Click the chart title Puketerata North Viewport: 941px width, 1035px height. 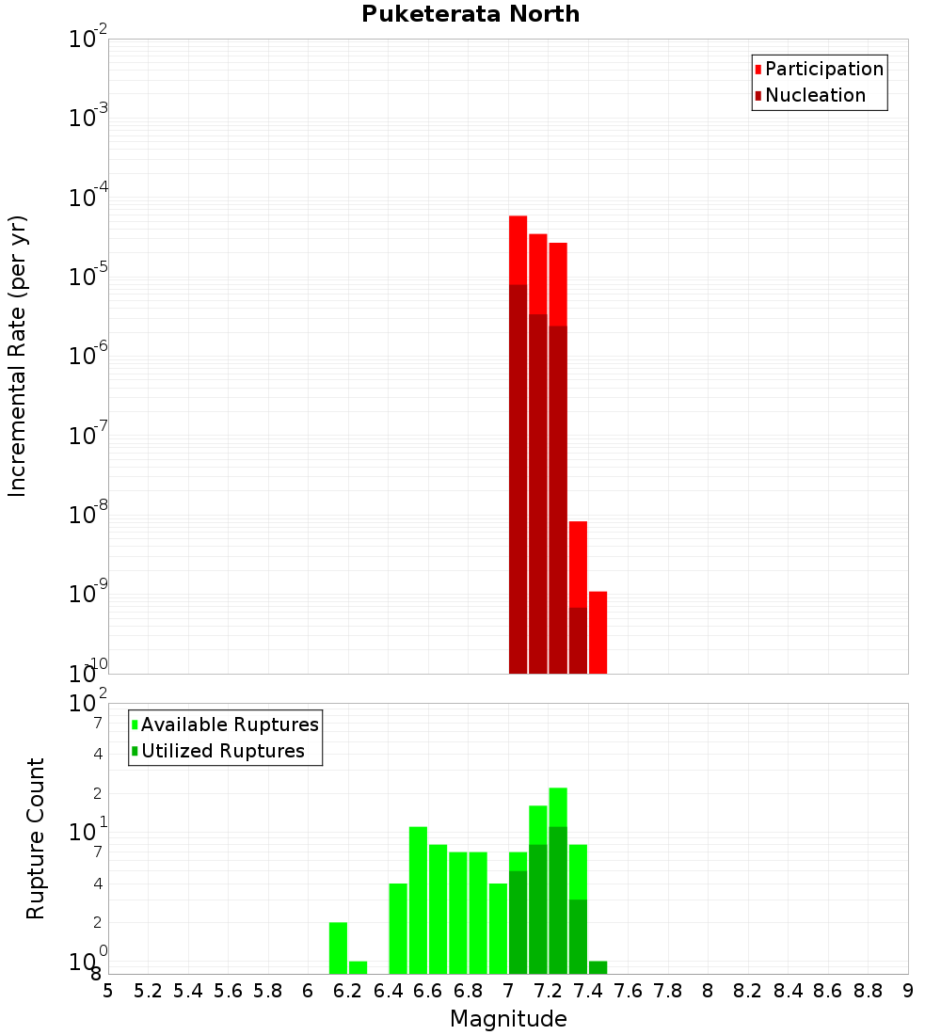click(x=470, y=14)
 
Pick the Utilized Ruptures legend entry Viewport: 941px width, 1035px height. click(x=222, y=751)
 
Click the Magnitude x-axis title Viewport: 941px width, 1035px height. click(x=508, y=1019)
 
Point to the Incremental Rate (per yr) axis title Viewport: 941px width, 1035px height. click(x=18, y=357)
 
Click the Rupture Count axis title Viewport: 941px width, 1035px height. click(x=36, y=838)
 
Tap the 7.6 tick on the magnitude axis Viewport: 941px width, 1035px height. click(x=629, y=991)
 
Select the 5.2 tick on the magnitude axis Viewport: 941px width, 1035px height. click(x=148, y=991)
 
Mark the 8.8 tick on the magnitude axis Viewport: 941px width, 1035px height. click(x=869, y=991)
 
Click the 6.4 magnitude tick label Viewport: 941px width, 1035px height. click(x=388, y=991)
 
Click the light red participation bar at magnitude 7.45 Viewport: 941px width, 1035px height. click(x=598, y=631)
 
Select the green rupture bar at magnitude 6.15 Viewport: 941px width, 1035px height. click(x=338, y=947)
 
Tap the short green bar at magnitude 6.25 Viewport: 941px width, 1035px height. click(x=358, y=967)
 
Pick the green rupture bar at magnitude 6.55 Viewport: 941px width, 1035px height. click(x=418, y=900)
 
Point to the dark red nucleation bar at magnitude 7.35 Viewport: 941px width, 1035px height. click(x=578, y=640)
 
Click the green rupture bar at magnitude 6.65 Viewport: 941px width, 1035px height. click(x=438, y=909)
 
